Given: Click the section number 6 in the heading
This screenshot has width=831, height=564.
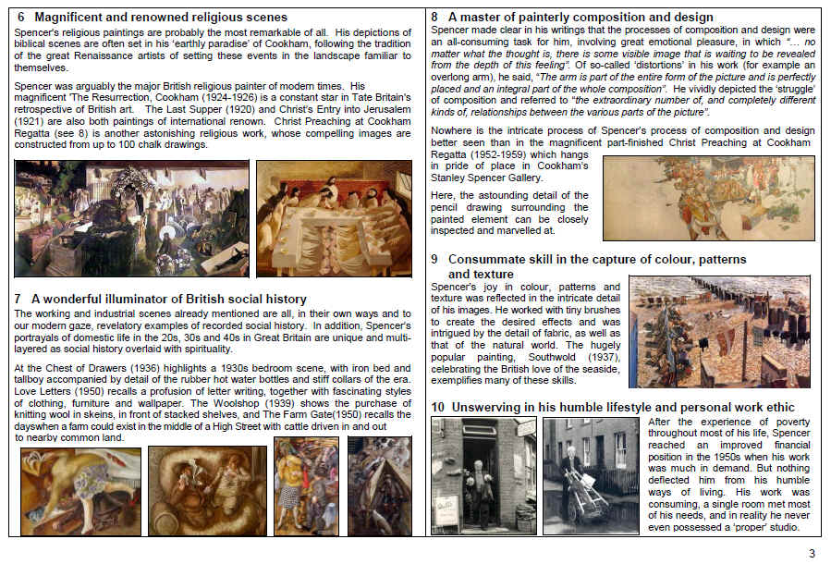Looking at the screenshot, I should coord(21,18).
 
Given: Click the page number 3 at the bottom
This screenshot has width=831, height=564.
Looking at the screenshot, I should coord(813,554).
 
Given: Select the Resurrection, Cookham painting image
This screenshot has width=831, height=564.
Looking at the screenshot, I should coord(131,218).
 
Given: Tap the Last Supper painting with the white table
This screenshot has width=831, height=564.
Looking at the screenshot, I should coord(335,218).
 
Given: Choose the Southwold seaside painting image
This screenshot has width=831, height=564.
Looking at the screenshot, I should coord(719,331).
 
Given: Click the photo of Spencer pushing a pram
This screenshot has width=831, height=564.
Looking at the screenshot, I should coord(590,475).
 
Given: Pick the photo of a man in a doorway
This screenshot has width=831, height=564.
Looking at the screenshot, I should coord(483,475).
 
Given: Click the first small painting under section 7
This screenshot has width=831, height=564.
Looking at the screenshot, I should coord(81,491).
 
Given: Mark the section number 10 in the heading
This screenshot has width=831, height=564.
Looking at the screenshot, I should coord(439,407).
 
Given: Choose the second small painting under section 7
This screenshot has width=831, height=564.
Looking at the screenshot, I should coord(207,491).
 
